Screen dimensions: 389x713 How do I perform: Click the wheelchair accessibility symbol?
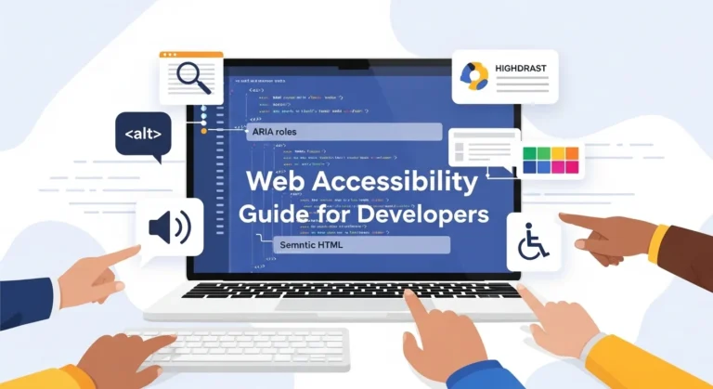532,242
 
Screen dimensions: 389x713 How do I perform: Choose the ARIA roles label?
279,132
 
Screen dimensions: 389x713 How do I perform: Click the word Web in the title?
278,181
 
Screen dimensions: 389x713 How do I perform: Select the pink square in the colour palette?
570,168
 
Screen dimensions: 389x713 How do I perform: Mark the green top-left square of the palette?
530,154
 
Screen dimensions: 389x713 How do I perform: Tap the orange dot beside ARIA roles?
203,133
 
